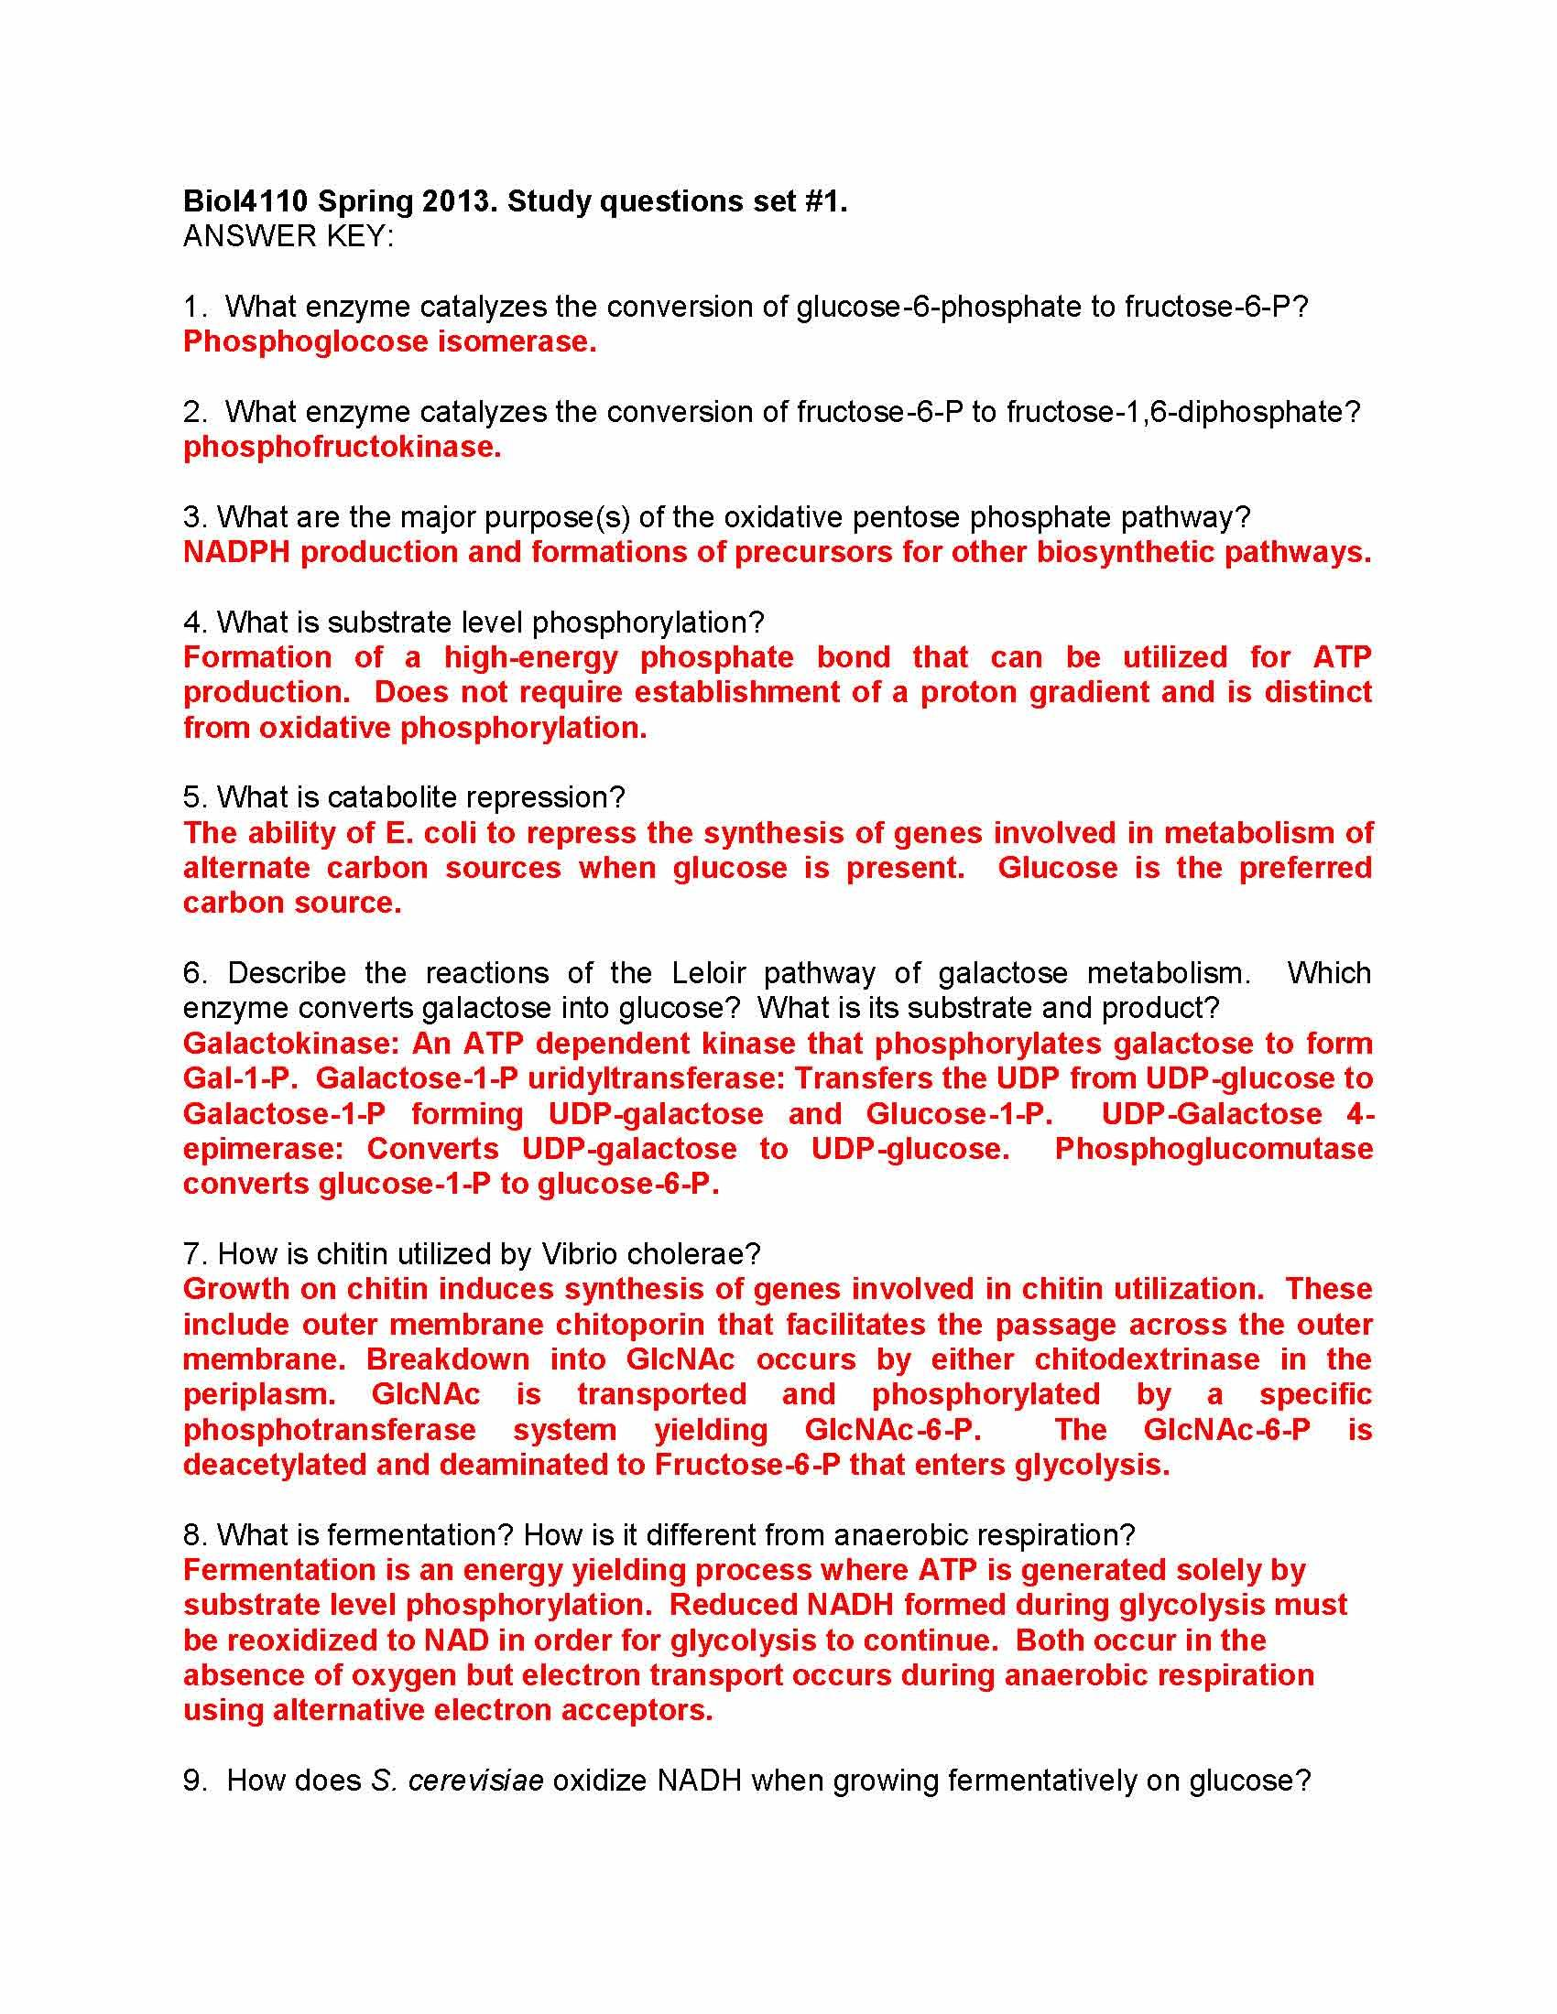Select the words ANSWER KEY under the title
pos(287,237)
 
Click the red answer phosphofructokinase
pos(342,448)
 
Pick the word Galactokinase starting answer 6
pos(289,1044)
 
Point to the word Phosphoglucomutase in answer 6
pos(1213,1149)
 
